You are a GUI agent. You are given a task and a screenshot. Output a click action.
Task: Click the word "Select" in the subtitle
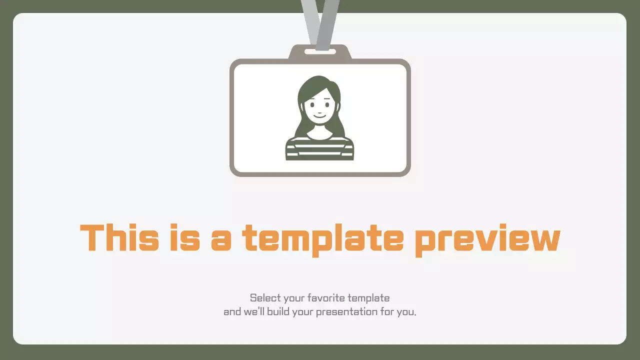click(x=265, y=298)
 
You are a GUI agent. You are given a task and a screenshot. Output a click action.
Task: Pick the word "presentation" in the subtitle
click(x=343, y=312)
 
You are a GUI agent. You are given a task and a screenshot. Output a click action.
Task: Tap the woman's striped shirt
click(x=319, y=148)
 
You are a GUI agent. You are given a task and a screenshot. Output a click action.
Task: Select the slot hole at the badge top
click(x=320, y=51)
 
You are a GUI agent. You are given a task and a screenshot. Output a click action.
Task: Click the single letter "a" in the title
click(x=221, y=239)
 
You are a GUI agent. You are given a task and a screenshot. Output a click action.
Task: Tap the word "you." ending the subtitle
click(x=406, y=312)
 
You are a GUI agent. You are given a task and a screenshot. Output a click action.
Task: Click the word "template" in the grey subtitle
click(x=368, y=298)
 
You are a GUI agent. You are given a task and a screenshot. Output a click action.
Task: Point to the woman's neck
click(x=319, y=129)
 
